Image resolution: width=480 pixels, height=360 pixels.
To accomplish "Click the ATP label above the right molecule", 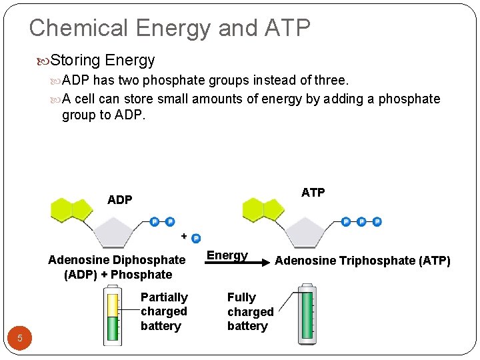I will point(313,193).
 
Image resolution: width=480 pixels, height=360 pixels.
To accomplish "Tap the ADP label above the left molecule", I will point(119,199).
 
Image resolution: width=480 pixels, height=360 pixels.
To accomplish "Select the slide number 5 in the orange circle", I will point(20,338).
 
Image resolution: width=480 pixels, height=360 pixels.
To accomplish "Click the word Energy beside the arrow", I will point(227,255).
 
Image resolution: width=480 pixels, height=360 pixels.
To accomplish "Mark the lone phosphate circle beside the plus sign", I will point(196,239).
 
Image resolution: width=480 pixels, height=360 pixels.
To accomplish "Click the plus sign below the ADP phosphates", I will point(184,235).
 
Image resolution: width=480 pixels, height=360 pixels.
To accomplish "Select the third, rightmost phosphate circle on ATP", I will point(377,222).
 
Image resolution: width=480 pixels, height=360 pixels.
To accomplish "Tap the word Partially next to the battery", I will point(164,297).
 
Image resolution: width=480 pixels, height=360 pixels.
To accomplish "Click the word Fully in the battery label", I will point(241,297).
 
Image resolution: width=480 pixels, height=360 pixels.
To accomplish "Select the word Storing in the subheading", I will point(75,61).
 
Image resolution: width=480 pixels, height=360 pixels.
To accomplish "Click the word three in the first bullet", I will point(332,80).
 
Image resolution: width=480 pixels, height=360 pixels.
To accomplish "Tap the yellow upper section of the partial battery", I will point(113,304).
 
